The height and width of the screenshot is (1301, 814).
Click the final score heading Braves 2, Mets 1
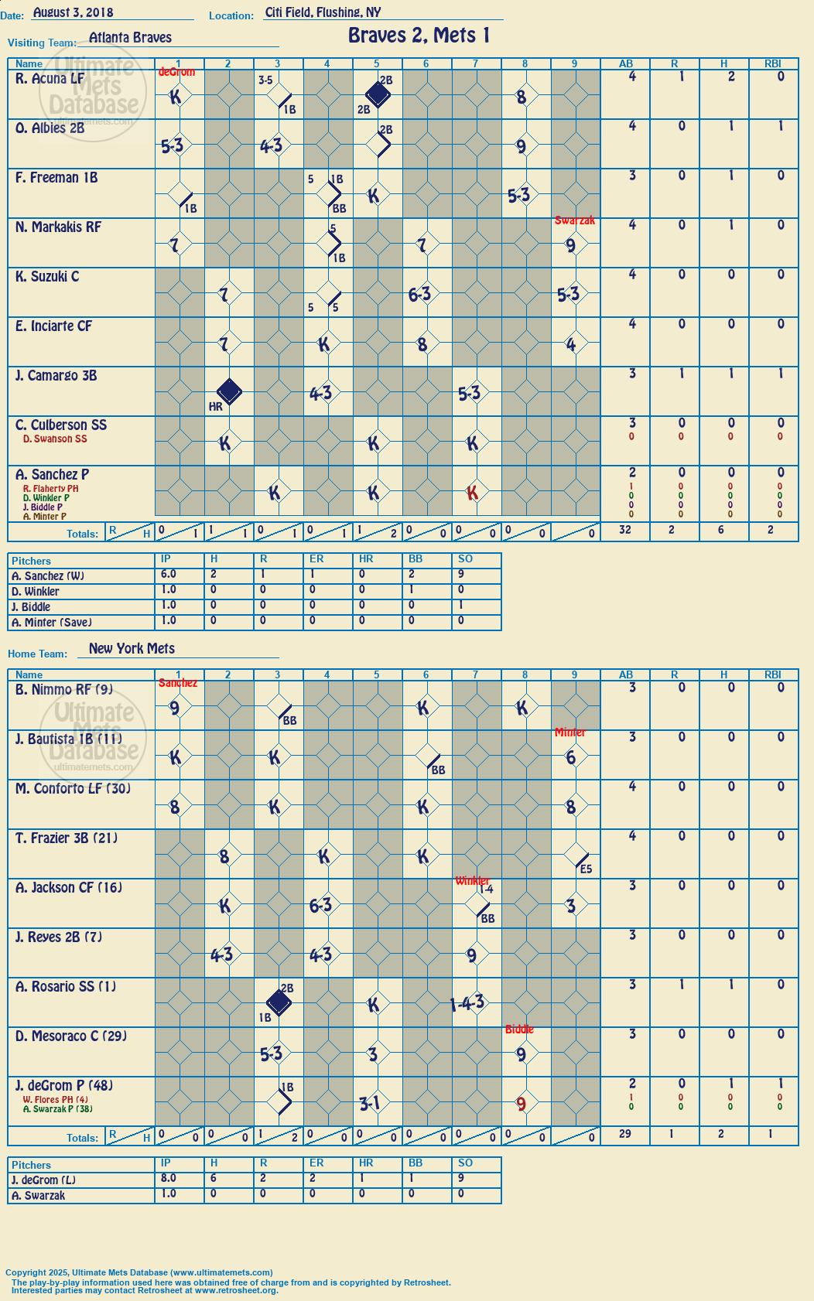419,36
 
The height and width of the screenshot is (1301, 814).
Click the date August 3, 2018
74,12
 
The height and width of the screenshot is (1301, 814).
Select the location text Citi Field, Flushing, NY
323,12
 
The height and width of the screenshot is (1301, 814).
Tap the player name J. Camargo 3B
56,376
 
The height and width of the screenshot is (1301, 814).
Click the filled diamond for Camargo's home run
229,391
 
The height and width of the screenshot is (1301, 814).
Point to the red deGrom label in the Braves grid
176,72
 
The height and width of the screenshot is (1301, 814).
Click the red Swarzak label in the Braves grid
575,220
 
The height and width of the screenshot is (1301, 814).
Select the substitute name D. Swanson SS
55,439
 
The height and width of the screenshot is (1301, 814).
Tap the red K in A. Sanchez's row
472,493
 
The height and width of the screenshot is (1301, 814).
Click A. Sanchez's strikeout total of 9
460,574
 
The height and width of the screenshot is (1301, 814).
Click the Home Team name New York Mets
132,648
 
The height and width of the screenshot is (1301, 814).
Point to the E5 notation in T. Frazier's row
586,869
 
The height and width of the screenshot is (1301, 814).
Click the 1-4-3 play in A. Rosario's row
467,1003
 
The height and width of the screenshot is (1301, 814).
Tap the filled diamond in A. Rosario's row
279,1002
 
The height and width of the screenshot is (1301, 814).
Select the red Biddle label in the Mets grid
519,1030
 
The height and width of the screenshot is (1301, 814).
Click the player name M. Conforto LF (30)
73,789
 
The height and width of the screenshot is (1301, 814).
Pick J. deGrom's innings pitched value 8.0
169,1178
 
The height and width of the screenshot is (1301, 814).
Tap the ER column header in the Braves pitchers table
316,558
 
